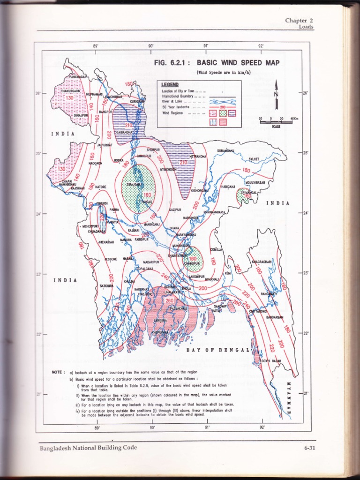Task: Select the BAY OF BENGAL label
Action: point(217,350)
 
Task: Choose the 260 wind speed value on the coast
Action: point(170,300)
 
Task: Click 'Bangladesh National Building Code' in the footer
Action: point(88,448)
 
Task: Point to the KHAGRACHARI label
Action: point(262,262)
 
